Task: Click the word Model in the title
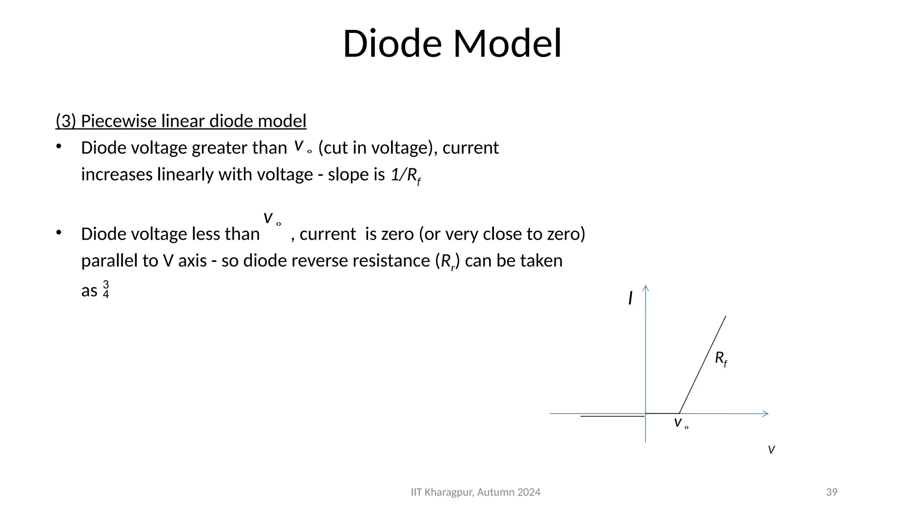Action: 507,44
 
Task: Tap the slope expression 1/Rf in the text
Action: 405,175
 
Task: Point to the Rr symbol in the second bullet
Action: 447,261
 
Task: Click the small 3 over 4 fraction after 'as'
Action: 106,290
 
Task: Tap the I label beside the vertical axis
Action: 630,298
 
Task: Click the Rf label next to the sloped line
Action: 720,358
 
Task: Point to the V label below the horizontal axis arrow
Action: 771,450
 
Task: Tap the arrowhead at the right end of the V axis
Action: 765,414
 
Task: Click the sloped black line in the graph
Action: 702,365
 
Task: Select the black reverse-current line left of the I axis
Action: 612,416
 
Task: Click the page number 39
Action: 831,492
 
